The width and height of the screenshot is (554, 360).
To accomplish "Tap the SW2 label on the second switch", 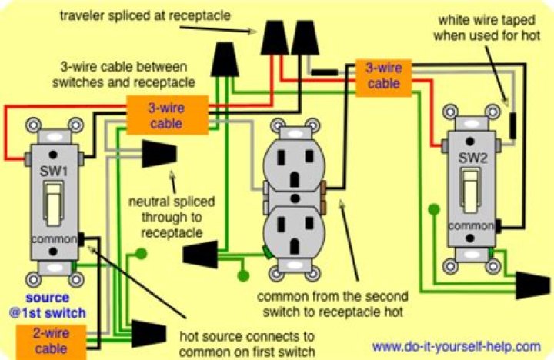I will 471,158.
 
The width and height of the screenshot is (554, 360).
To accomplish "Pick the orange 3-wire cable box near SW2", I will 383,77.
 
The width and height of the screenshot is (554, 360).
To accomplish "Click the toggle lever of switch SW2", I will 470,189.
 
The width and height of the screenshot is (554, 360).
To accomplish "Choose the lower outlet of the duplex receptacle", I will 295,235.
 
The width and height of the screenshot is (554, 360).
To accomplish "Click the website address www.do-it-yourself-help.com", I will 456,346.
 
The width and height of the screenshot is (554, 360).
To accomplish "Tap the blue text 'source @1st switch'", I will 48,305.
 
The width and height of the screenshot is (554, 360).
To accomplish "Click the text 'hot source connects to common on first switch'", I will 247,344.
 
